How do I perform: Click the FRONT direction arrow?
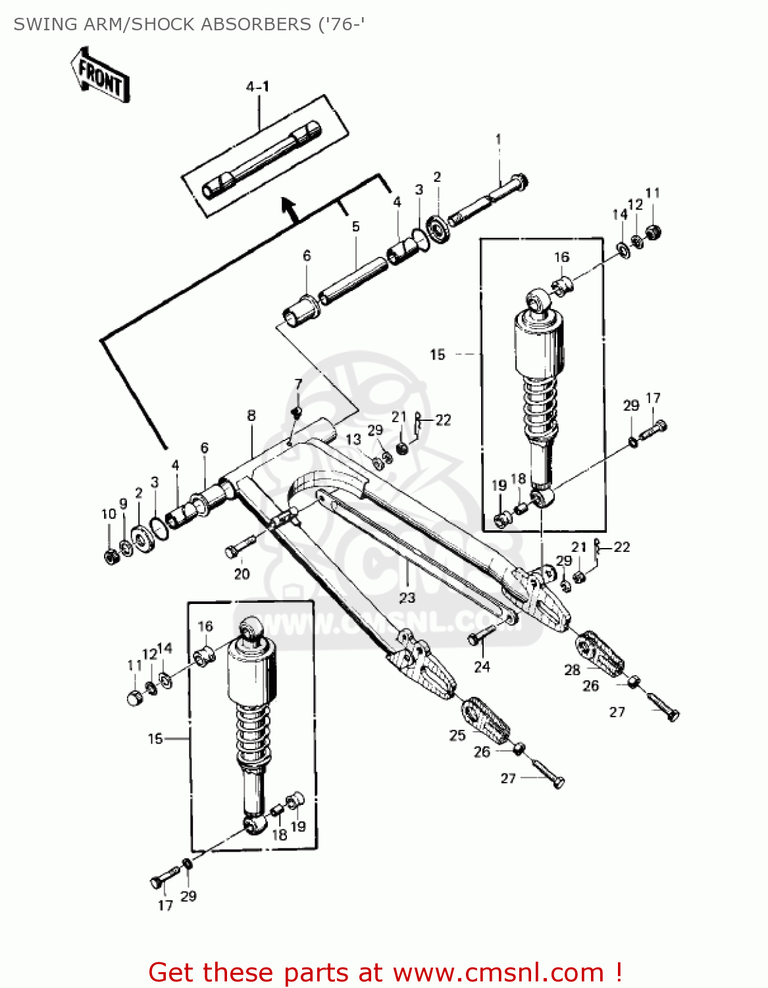(100, 74)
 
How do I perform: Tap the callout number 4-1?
(257, 87)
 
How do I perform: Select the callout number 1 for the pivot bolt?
(498, 140)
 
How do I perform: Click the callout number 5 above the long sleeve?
(355, 227)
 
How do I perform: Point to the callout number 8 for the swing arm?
(251, 416)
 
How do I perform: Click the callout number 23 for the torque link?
(407, 597)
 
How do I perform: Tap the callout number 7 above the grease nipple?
(298, 384)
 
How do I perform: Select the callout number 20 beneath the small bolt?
(242, 574)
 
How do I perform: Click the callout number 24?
(482, 667)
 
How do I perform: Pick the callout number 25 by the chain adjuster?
(457, 735)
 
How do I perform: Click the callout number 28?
(572, 670)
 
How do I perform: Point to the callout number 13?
(353, 439)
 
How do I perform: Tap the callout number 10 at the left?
(109, 514)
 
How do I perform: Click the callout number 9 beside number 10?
(123, 504)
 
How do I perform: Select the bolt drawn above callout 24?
(482, 635)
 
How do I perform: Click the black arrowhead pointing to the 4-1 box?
(288, 206)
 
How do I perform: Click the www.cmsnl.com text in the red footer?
(498, 973)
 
